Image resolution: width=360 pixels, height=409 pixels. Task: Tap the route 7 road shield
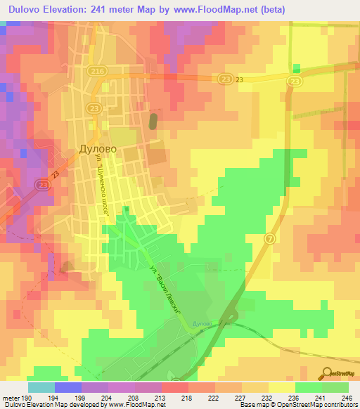coord(269,240)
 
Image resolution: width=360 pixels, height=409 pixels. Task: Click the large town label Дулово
coord(96,150)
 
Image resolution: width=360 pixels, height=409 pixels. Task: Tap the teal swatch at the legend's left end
coord(41,387)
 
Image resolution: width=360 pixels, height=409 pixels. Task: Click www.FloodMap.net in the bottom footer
coord(136,405)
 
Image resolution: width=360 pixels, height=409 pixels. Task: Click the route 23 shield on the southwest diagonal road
coord(42,185)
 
